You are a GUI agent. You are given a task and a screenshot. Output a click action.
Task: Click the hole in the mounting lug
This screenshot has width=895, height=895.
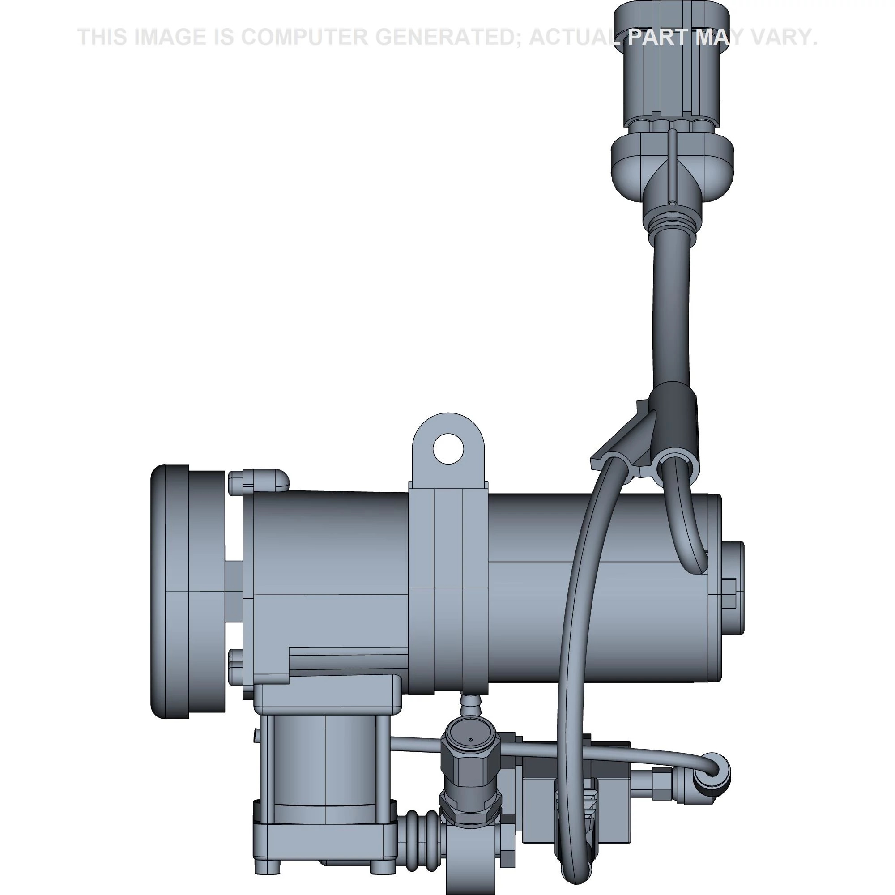448,448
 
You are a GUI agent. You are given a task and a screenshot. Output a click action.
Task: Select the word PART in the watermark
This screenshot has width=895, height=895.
658,37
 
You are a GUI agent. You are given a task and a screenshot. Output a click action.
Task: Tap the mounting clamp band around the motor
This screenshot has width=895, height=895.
448,588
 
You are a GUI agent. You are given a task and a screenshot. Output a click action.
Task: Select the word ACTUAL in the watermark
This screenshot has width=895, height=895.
575,37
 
